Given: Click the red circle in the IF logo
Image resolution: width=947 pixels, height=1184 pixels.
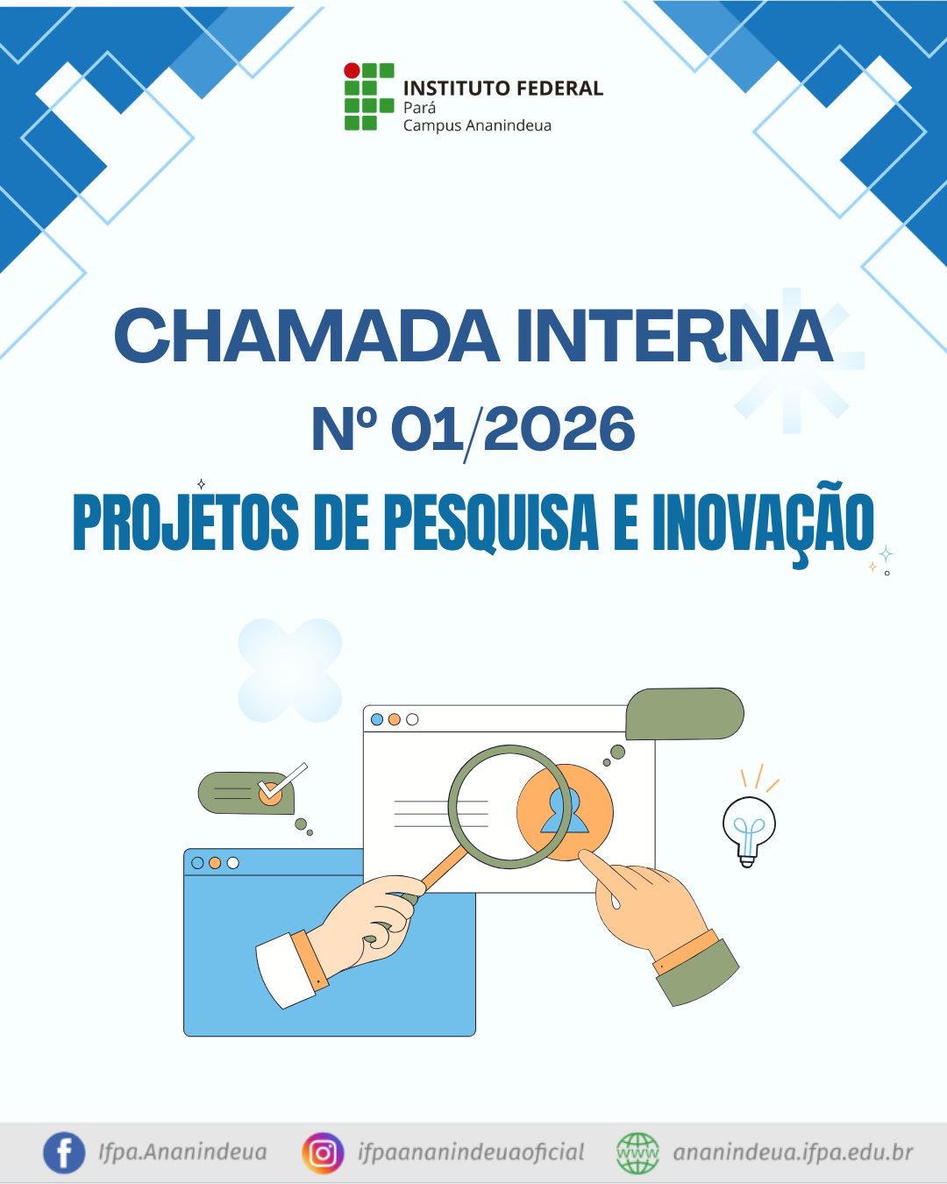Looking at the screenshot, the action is click(x=352, y=70).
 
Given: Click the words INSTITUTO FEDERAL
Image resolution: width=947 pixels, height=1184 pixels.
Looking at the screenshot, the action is click(x=503, y=89).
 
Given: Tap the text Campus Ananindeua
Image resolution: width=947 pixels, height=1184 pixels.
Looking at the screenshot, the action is click(x=477, y=126).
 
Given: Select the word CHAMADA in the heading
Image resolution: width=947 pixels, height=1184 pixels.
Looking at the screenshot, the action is click(x=307, y=335).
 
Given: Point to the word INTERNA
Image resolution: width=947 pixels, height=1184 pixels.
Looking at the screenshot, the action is click(x=674, y=335).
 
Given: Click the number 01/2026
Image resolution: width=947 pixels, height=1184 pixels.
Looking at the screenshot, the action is click(x=513, y=429).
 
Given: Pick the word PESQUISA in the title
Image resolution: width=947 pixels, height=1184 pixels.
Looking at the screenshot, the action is click(x=490, y=522).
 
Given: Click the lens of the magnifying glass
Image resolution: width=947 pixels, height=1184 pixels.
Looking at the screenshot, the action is click(x=510, y=807).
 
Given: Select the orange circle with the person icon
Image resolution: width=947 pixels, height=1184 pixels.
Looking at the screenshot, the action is click(x=565, y=812).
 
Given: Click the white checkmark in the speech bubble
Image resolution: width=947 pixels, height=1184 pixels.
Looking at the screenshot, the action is click(x=282, y=781).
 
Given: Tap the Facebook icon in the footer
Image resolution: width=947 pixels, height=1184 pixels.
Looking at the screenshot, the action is click(x=64, y=1152).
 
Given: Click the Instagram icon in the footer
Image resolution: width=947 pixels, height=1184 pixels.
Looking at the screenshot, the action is click(x=323, y=1152).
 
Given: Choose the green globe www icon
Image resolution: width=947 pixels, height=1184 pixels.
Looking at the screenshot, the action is click(x=637, y=1152).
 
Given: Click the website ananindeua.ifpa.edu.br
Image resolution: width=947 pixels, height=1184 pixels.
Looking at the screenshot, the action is click(x=793, y=1152).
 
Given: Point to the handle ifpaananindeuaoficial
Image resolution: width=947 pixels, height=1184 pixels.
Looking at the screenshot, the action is click(x=471, y=1152).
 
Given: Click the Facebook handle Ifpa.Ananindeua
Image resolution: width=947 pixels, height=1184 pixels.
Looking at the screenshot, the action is click(x=182, y=1152).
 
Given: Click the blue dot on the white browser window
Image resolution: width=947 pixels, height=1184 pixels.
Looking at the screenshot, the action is click(x=377, y=719).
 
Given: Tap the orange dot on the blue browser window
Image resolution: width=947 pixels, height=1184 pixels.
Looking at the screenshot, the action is click(x=215, y=863).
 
